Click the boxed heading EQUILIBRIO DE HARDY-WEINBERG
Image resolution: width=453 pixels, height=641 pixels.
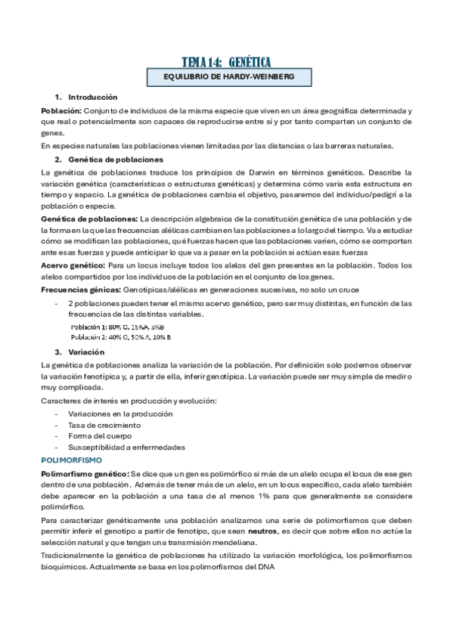(226, 77)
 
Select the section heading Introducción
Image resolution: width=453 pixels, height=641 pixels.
(92, 98)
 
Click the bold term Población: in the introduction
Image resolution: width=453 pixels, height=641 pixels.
(61, 110)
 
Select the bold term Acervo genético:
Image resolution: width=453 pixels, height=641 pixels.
(73, 265)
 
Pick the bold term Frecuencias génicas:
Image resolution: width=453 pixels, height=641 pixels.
(79, 290)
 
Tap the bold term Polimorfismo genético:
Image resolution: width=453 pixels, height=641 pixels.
(84, 472)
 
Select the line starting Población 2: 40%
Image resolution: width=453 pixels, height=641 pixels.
(120, 337)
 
